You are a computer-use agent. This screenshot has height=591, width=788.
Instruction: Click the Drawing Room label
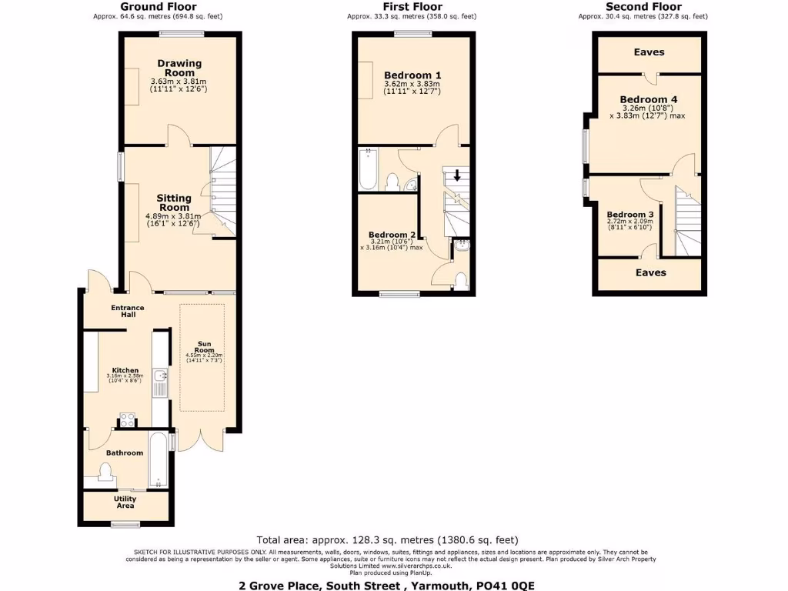[x=179, y=68]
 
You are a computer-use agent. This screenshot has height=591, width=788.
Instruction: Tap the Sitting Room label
[x=174, y=203]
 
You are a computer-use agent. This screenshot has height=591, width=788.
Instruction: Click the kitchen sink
[x=160, y=376]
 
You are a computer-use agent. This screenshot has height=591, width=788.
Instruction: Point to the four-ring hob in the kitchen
[x=127, y=420]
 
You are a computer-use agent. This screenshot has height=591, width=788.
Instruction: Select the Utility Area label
[x=125, y=503]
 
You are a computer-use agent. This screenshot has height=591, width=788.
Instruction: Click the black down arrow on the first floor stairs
[x=457, y=175]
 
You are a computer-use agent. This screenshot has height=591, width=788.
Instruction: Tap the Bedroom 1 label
[x=412, y=75]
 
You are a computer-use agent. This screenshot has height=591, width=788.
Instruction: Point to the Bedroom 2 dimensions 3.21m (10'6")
[x=391, y=242]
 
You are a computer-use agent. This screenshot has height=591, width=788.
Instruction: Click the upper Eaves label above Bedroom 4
[x=649, y=52]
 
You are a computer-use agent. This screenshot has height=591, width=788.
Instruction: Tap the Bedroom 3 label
[x=629, y=215]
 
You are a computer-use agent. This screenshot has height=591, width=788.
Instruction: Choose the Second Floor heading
[x=643, y=7]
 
